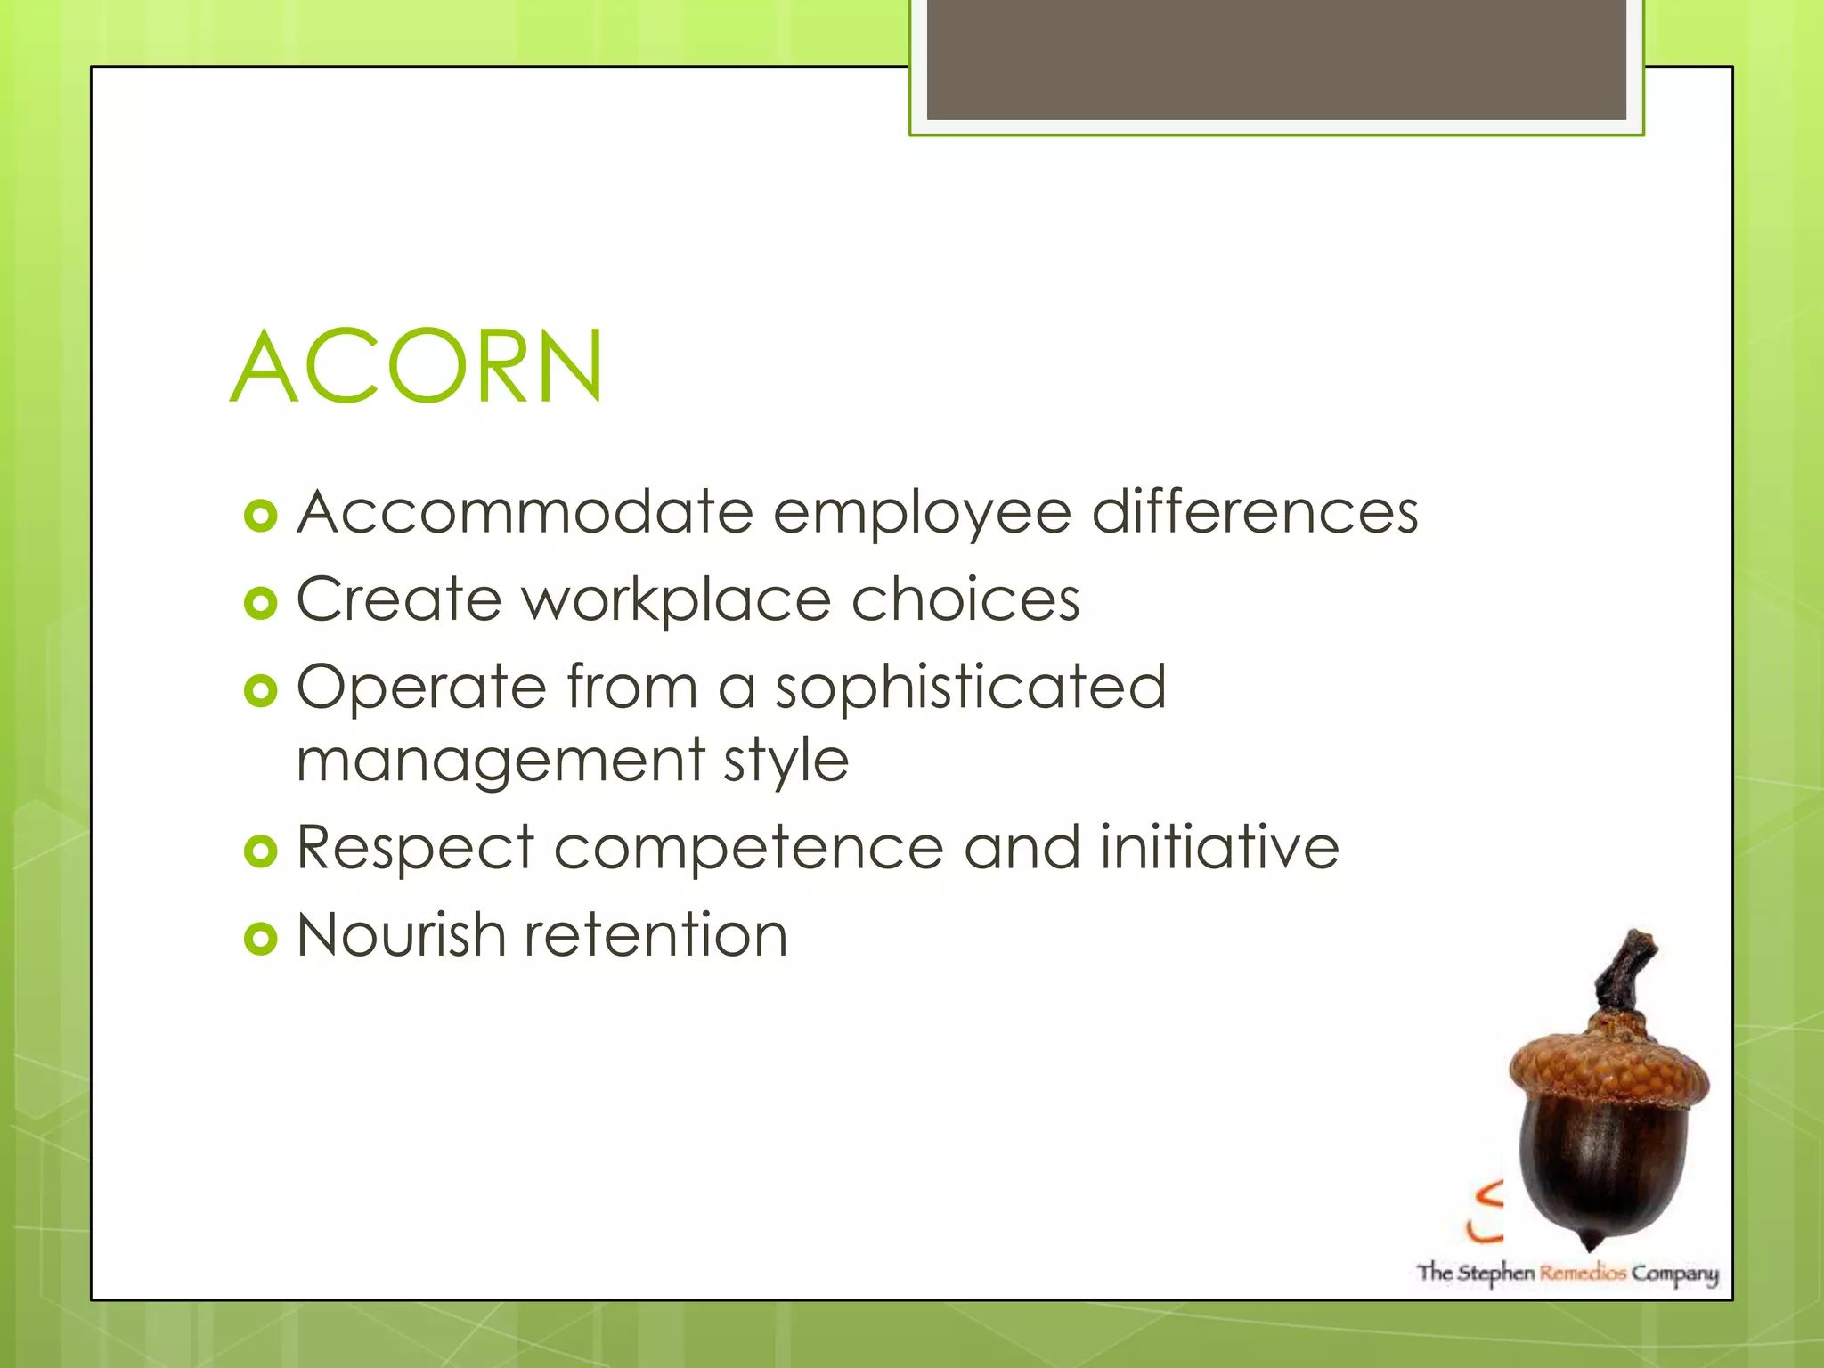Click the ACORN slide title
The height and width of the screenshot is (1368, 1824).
[x=417, y=367]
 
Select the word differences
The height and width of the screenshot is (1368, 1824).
[x=1255, y=513]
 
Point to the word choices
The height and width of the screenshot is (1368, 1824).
[x=965, y=599]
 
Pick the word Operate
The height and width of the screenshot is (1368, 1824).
[x=421, y=688]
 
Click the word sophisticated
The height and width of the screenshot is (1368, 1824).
[x=971, y=688]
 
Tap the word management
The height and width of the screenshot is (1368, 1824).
[x=501, y=761]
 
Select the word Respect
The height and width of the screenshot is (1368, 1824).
[x=415, y=847]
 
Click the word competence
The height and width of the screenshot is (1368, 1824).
[x=749, y=849]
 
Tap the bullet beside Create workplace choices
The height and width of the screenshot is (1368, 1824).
[x=261, y=604]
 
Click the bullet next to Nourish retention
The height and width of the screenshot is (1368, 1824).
[x=261, y=939]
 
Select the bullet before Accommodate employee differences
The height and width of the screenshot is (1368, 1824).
[x=261, y=517]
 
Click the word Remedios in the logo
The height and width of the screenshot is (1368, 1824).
[x=1584, y=1273]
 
